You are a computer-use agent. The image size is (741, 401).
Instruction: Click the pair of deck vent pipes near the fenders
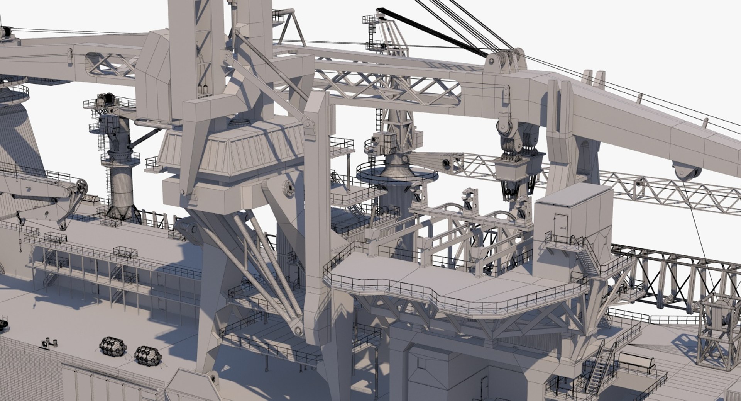tap(50, 342)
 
